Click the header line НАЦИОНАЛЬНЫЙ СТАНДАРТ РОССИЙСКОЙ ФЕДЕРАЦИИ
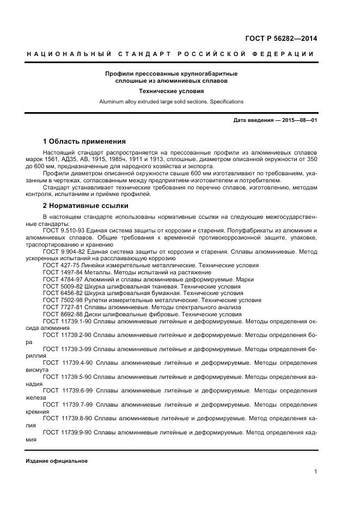coord(170,54)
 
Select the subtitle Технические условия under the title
coord(171,91)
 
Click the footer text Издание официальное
coord(57,461)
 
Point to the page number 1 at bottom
coord(315,472)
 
